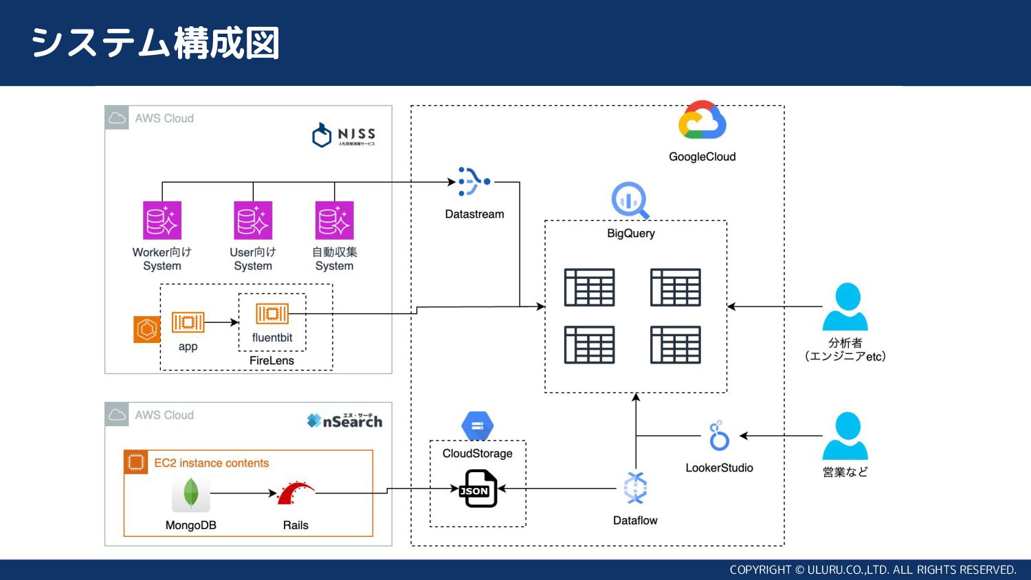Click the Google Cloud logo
pos(702,122)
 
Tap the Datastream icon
pos(474,181)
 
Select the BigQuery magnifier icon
pos(630,200)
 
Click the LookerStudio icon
pos(719,436)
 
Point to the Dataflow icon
pos(635,489)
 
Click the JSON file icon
pos(478,489)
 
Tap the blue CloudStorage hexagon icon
pos(478,425)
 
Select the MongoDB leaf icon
pos(191,493)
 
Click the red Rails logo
pos(296,493)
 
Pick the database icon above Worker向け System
pos(162,220)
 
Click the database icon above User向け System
pos(253,220)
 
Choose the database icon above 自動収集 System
pos(334,220)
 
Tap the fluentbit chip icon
pos(272,314)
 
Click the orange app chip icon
pos(188,322)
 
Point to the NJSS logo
pos(344,135)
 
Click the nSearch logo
pos(344,421)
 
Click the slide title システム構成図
pos(155,43)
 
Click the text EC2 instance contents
pos(211,463)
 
